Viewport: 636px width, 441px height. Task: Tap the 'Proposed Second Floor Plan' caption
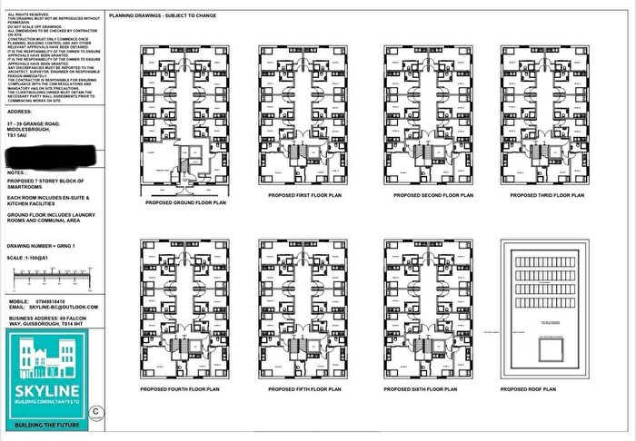[424, 195]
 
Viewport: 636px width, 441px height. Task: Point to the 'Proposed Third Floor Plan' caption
[543, 195]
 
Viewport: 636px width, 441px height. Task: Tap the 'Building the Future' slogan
[52, 424]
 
